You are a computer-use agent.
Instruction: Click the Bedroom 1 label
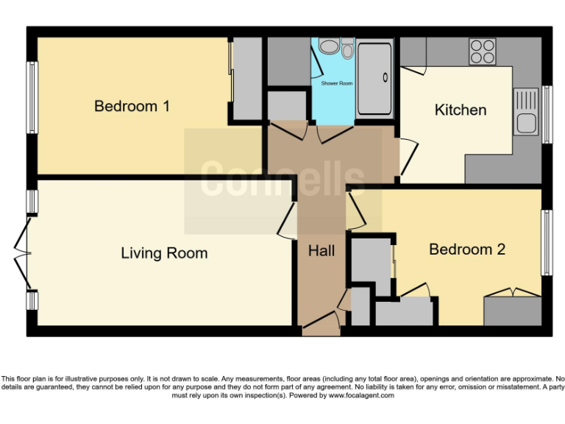pyautogui.click(x=132, y=107)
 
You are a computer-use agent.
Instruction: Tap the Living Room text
pyautogui.click(x=164, y=253)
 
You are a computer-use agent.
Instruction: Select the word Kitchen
pyautogui.click(x=461, y=110)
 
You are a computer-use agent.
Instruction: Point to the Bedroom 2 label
pyautogui.click(x=466, y=250)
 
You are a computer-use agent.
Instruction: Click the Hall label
pyautogui.click(x=321, y=251)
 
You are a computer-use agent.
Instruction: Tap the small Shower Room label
pyautogui.click(x=336, y=84)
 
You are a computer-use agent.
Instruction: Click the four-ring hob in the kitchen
pyautogui.click(x=483, y=52)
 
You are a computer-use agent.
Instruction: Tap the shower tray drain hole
pyautogui.click(x=384, y=77)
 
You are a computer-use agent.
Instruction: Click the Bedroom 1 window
pyautogui.click(x=32, y=98)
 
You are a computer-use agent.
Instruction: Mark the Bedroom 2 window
pyautogui.click(x=547, y=243)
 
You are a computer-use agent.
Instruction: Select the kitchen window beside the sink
pyautogui.click(x=547, y=114)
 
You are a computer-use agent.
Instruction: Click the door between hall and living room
pyautogui.click(x=288, y=219)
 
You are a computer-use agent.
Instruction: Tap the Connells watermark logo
pyautogui.click(x=282, y=181)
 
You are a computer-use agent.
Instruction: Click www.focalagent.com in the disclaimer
pyautogui.click(x=360, y=395)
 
